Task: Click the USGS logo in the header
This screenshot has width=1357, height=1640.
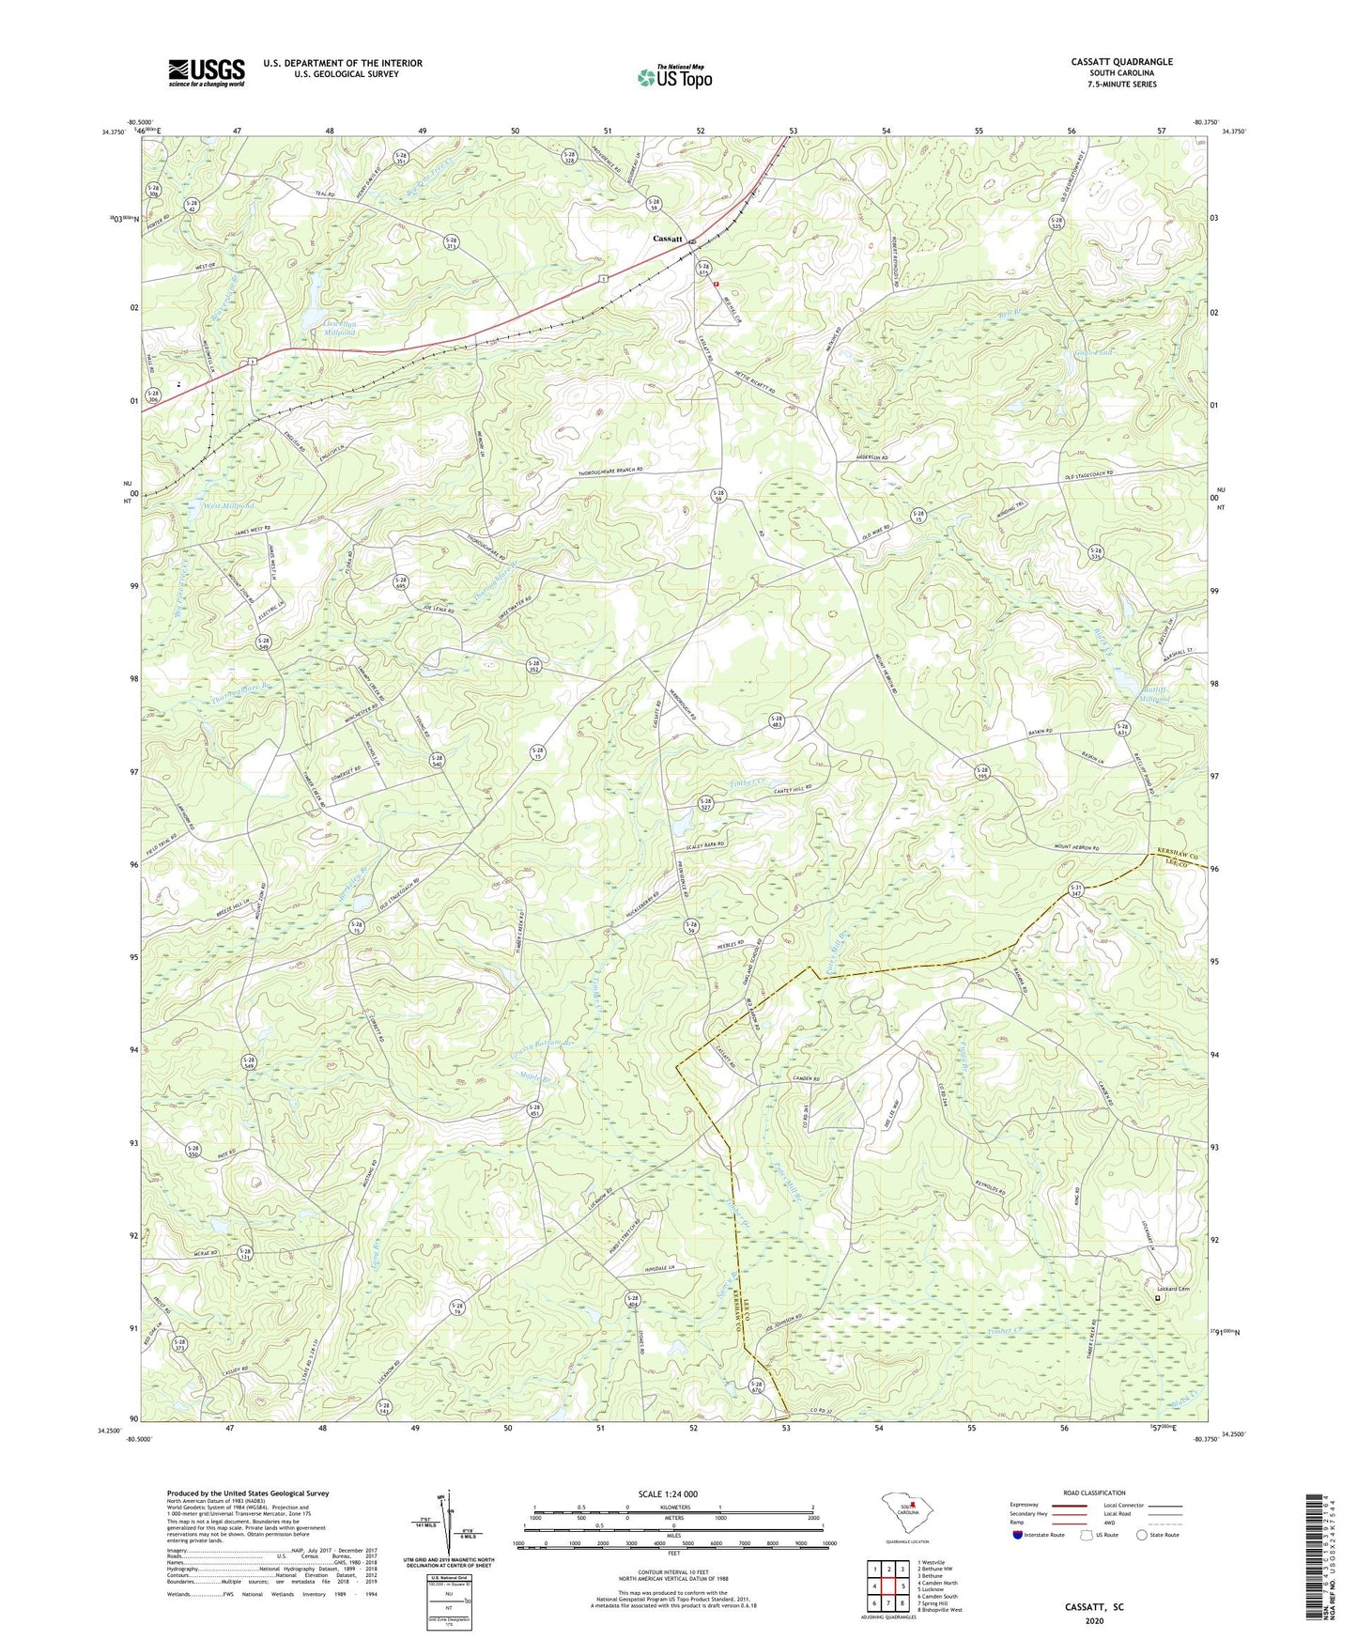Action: tap(207, 72)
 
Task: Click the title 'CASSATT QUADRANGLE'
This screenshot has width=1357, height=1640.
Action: tap(1121, 62)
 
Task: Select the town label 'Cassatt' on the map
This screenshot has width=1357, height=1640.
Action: tap(668, 239)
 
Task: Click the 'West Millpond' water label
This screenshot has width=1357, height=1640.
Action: tap(229, 505)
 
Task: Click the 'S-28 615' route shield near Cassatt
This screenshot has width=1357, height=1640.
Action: tap(702, 268)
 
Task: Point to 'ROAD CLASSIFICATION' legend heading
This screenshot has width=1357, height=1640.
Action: tap(1094, 1493)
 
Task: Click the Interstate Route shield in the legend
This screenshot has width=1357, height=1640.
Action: tap(1018, 1535)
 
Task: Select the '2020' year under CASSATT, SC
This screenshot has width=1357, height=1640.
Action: tap(1094, 1620)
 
